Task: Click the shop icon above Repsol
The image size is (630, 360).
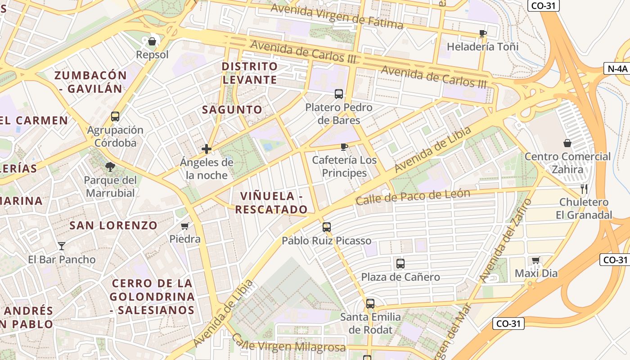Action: click(x=152, y=42)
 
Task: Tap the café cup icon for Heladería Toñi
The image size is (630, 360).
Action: click(x=483, y=33)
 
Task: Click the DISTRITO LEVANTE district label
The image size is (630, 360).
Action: click(x=250, y=73)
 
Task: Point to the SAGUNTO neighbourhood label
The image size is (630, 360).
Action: click(x=232, y=109)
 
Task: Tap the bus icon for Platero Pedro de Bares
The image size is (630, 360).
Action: click(x=339, y=94)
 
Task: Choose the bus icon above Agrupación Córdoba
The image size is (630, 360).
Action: click(x=115, y=117)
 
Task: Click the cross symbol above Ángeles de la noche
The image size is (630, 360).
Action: click(x=207, y=149)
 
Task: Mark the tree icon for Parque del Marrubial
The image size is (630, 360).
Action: click(x=110, y=167)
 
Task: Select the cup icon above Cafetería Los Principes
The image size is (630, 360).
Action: click(x=344, y=147)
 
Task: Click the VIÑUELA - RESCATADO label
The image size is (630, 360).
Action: click(x=271, y=202)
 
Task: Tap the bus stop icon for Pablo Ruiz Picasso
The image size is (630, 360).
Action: click(x=327, y=227)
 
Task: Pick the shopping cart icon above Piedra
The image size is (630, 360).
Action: click(x=184, y=226)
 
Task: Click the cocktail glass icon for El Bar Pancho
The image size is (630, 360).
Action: click(x=62, y=246)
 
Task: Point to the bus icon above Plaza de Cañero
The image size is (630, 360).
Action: click(x=400, y=264)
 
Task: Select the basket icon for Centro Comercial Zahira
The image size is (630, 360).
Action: click(x=567, y=143)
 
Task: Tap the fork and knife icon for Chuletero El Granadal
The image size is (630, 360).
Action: click(x=584, y=189)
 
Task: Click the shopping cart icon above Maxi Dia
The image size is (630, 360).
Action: click(x=536, y=260)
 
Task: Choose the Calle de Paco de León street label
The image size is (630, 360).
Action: click(x=413, y=197)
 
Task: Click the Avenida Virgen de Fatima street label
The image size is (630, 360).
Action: click(x=337, y=17)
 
